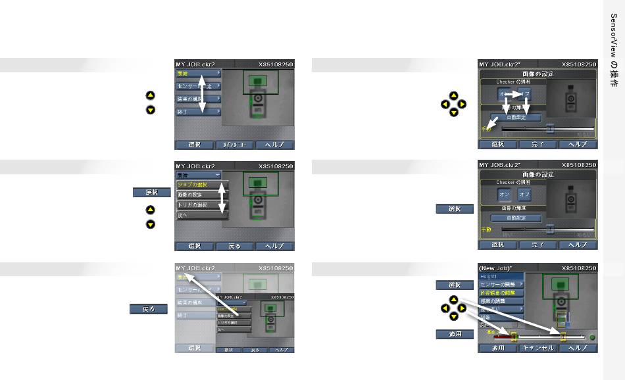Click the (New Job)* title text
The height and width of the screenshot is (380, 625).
point(496,268)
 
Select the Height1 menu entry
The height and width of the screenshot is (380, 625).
point(489,277)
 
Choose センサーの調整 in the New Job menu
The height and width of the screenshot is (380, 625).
point(501,285)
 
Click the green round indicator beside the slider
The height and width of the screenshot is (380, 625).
point(592,337)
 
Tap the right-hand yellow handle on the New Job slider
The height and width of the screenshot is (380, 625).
point(563,337)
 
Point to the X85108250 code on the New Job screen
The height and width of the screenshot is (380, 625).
point(579,268)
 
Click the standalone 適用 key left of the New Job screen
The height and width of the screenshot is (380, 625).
point(455,335)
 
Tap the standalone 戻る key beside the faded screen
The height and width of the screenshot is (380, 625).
point(149,309)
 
